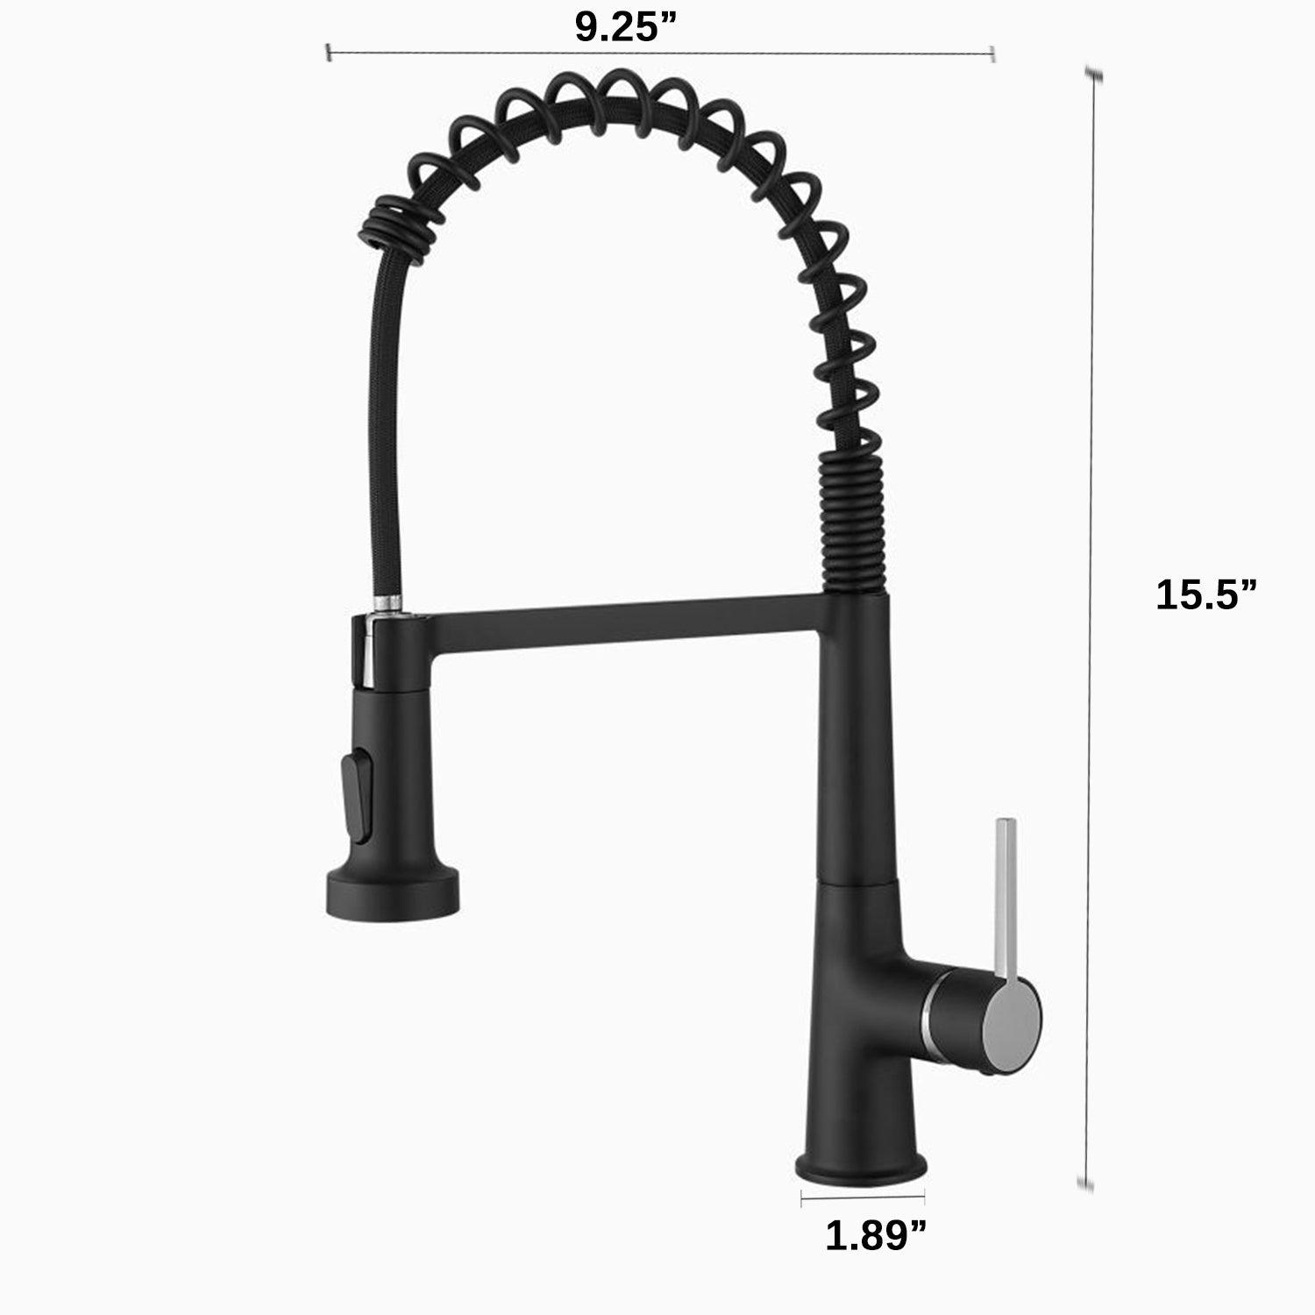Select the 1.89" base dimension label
[876, 1236]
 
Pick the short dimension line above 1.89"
[863, 1194]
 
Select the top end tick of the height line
[1092, 75]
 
